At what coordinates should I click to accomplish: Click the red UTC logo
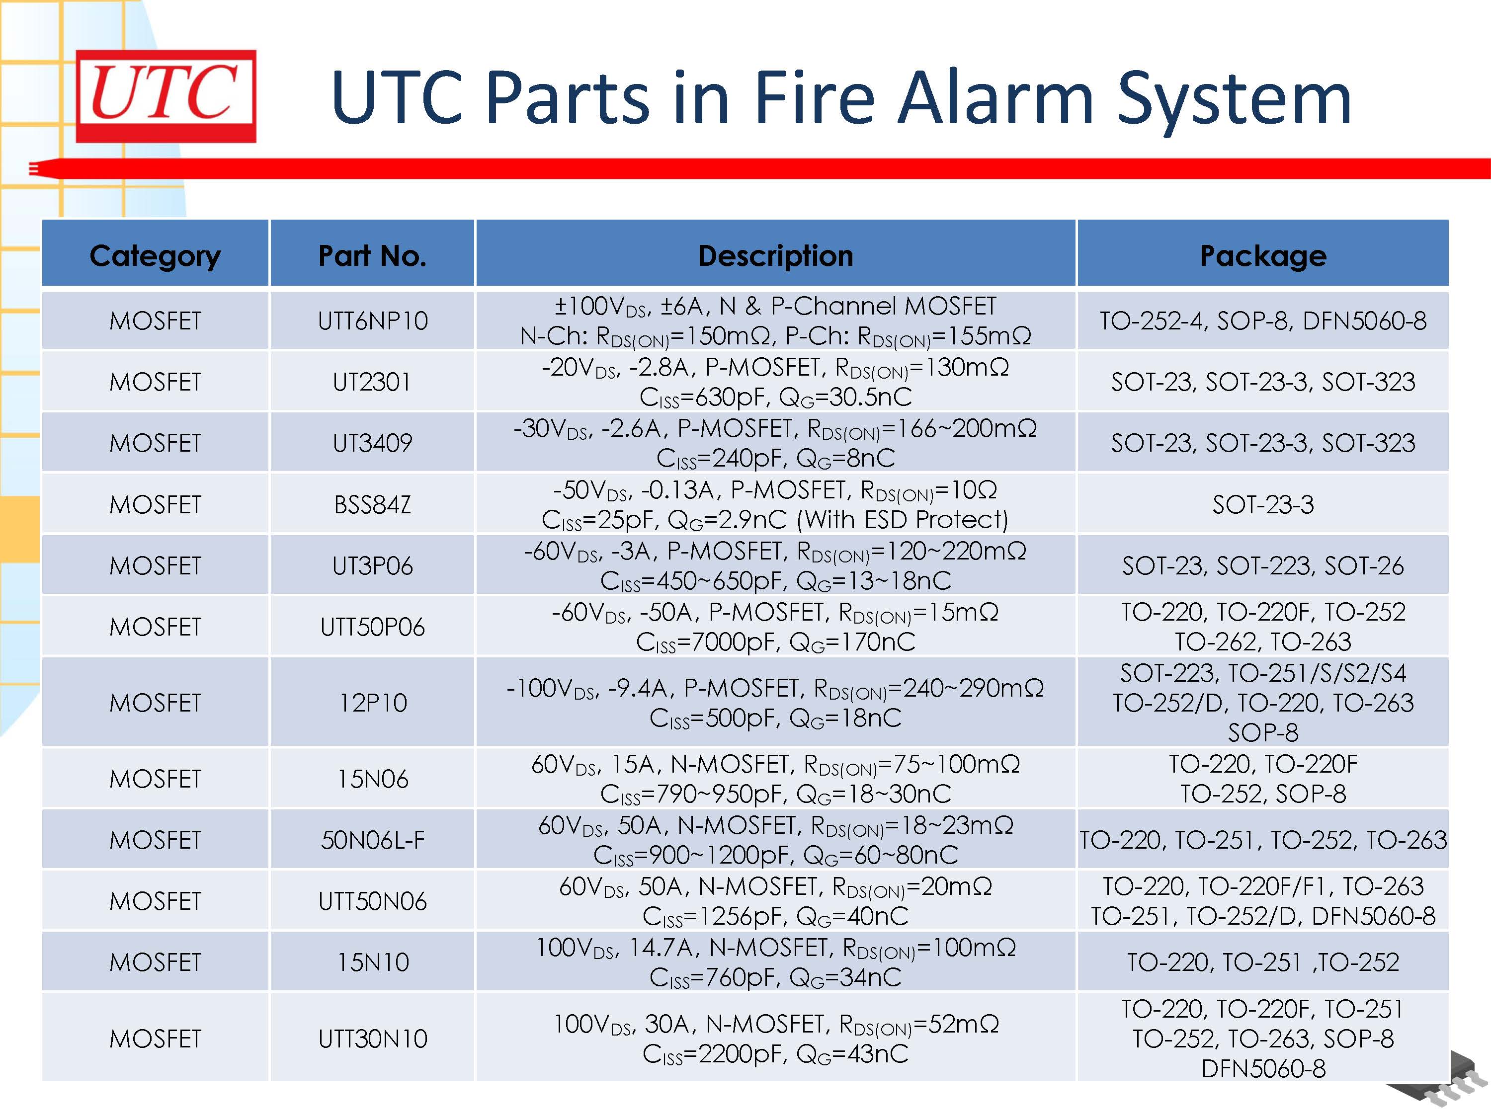point(166,96)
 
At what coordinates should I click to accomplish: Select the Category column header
point(155,255)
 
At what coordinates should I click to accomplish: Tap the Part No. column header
point(372,255)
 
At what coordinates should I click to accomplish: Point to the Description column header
point(775,255)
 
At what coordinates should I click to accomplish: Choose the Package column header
point(1262,255)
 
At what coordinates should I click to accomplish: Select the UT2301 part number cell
point(372,382)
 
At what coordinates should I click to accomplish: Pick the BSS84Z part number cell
point(372,504)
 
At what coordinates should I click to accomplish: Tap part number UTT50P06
point(372,627)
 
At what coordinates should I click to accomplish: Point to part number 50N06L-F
point(373,840)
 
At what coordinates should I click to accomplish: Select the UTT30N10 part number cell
point(373,1038)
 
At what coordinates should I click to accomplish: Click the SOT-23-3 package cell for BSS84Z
point(1262,504)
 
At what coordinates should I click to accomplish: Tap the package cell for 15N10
point(1262,961)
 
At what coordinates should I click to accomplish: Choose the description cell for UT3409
point(775,443)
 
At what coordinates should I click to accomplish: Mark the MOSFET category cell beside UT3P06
point(155,565)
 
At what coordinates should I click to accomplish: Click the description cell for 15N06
point(775,778)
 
